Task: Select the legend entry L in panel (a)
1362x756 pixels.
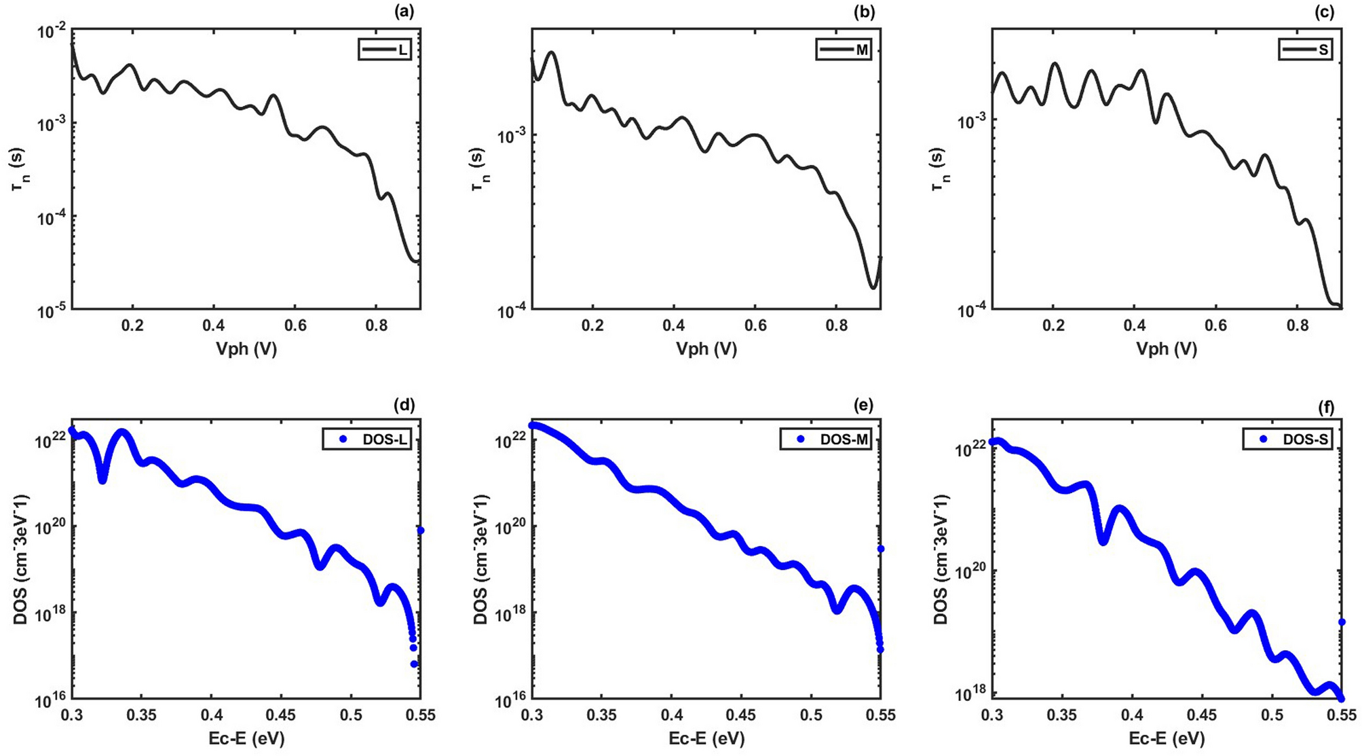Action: (385, 50)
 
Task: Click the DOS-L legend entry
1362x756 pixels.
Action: (367, 439)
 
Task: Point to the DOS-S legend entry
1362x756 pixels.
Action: (1287, 439)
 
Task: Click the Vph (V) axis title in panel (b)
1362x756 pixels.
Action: (706, 349)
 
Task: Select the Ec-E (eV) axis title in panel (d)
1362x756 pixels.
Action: (246, 738)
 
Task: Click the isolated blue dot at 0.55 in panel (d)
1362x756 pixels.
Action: (420, 530)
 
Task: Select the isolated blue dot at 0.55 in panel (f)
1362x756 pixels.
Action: (1341, 622)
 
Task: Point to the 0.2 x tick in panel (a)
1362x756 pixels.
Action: (133, 325)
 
